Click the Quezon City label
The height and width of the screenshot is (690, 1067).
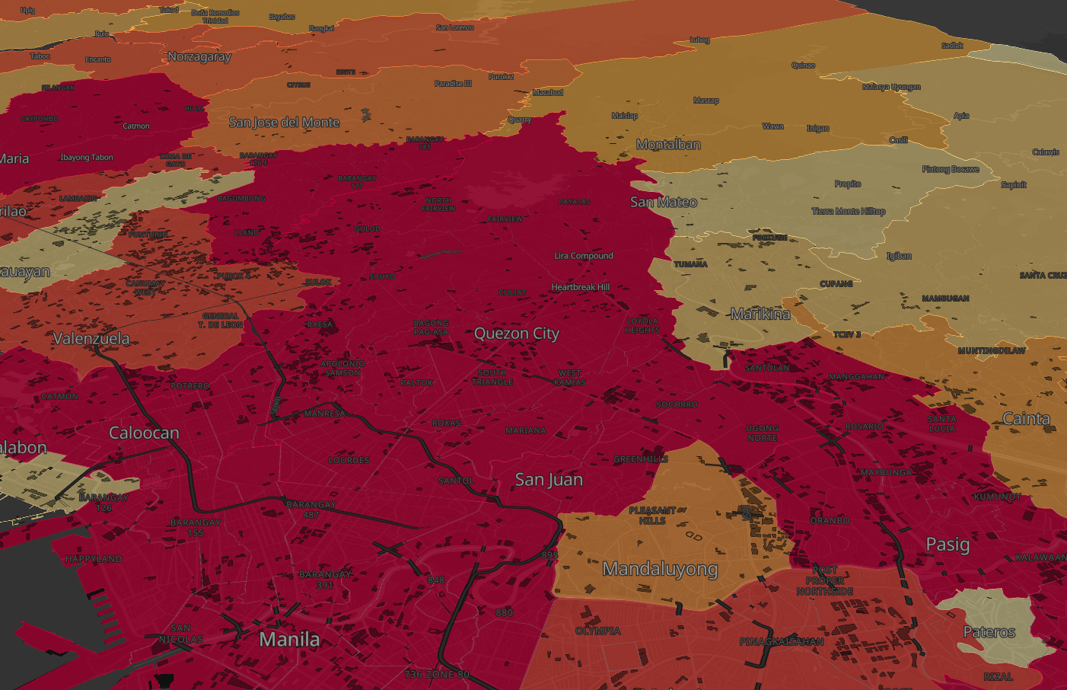tap(516, 334)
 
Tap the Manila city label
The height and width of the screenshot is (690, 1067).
tap(289, 639)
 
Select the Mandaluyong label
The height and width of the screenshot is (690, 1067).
tap(660, 569)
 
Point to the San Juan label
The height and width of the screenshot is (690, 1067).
tap(549, 480)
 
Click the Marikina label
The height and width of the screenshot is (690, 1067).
tap(760, 314)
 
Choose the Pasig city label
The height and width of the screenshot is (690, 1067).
tap(948, 545)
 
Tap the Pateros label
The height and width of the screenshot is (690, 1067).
tap(989, 632)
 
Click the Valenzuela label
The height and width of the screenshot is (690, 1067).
tap(91, 339)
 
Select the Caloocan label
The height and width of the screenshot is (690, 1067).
tap(144, 433)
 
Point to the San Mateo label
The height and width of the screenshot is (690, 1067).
tap(664, 202)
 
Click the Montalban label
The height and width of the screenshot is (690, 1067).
tap(668, 145)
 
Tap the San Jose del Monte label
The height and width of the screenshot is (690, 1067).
tap(284, 123)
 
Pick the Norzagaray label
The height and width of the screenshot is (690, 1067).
tap(199, 57)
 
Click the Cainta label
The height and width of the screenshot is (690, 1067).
tap(1026, 419)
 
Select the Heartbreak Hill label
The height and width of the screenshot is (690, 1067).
tap(580, 287)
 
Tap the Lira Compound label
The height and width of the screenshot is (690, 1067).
tap(583, 256)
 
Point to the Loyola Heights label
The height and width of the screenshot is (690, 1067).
tap(642, 326)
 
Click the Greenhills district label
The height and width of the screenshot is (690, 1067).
tap(640, 459)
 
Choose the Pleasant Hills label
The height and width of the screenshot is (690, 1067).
tap(652, 516)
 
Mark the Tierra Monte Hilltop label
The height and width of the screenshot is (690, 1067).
tap(848, 212)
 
